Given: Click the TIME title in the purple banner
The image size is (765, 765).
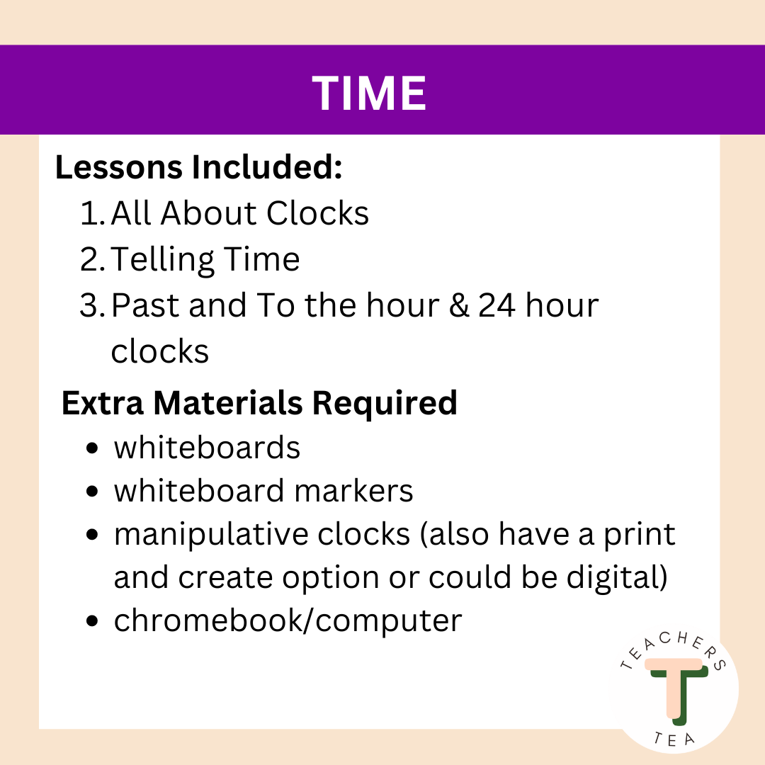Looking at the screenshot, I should tap(369, 93).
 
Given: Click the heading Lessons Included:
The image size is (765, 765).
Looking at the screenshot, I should tap(199, 168).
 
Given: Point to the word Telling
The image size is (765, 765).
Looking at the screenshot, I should tap(155, 260).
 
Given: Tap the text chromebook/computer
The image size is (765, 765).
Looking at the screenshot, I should tap(288, 621).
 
